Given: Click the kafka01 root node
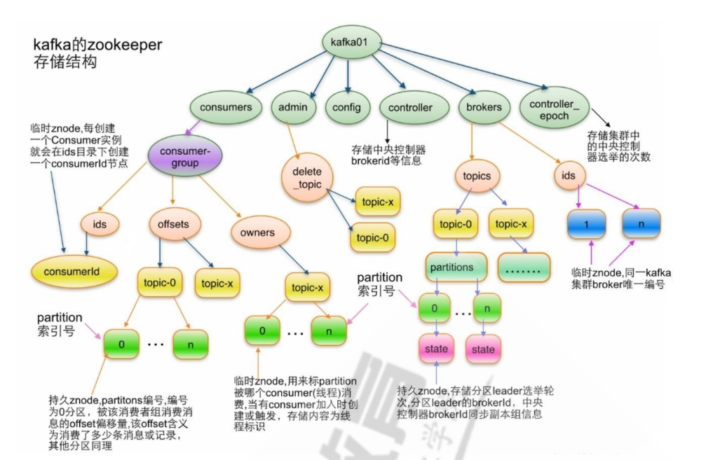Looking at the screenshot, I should [x=351, y=43].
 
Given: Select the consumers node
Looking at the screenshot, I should [x=226, y=107].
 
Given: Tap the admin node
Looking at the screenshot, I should [x=292, y=107].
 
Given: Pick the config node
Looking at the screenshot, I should [x=346, y=107].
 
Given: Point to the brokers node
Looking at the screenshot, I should [x=484, y=107].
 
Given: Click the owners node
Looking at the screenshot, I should [x=257, y=232].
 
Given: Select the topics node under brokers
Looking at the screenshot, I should [x=477, y=176].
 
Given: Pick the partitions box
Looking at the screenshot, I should [x=456, y=267].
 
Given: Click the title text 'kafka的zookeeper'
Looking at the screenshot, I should [x=97, y=45].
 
